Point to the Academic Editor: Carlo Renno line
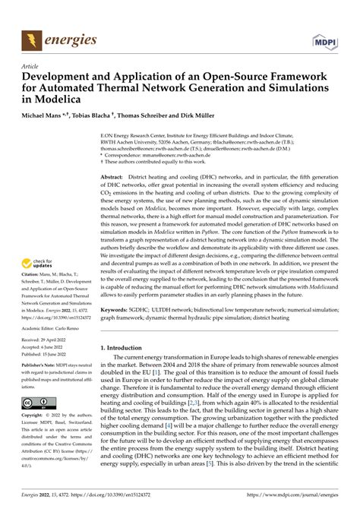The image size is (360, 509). click(57, 327)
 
